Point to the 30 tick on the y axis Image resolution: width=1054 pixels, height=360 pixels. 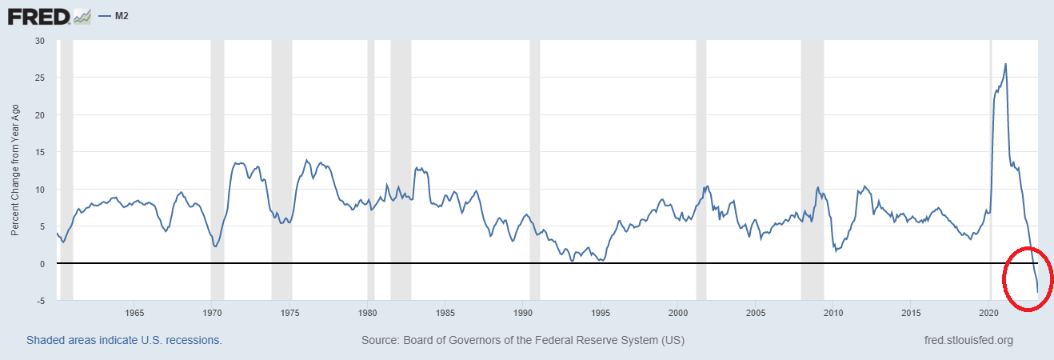point(40,41)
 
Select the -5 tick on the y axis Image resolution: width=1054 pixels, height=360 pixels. point(40,301)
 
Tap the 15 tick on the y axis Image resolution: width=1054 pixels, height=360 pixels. point(40,152)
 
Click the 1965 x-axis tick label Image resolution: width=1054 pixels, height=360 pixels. point(134,312)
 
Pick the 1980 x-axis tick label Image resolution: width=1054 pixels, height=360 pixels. point(367,312)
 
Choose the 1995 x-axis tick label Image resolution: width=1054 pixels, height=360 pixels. point(601,312)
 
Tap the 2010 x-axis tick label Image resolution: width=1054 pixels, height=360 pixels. point(833,312)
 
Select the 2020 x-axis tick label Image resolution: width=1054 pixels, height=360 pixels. point(989,312)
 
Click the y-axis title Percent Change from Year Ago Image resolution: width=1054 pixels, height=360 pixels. point(15,170)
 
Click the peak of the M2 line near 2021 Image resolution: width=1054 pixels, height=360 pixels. point(1005,64)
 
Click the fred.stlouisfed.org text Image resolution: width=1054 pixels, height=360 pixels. point(968,340)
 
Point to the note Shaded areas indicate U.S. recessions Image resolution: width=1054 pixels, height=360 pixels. point(124,340)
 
